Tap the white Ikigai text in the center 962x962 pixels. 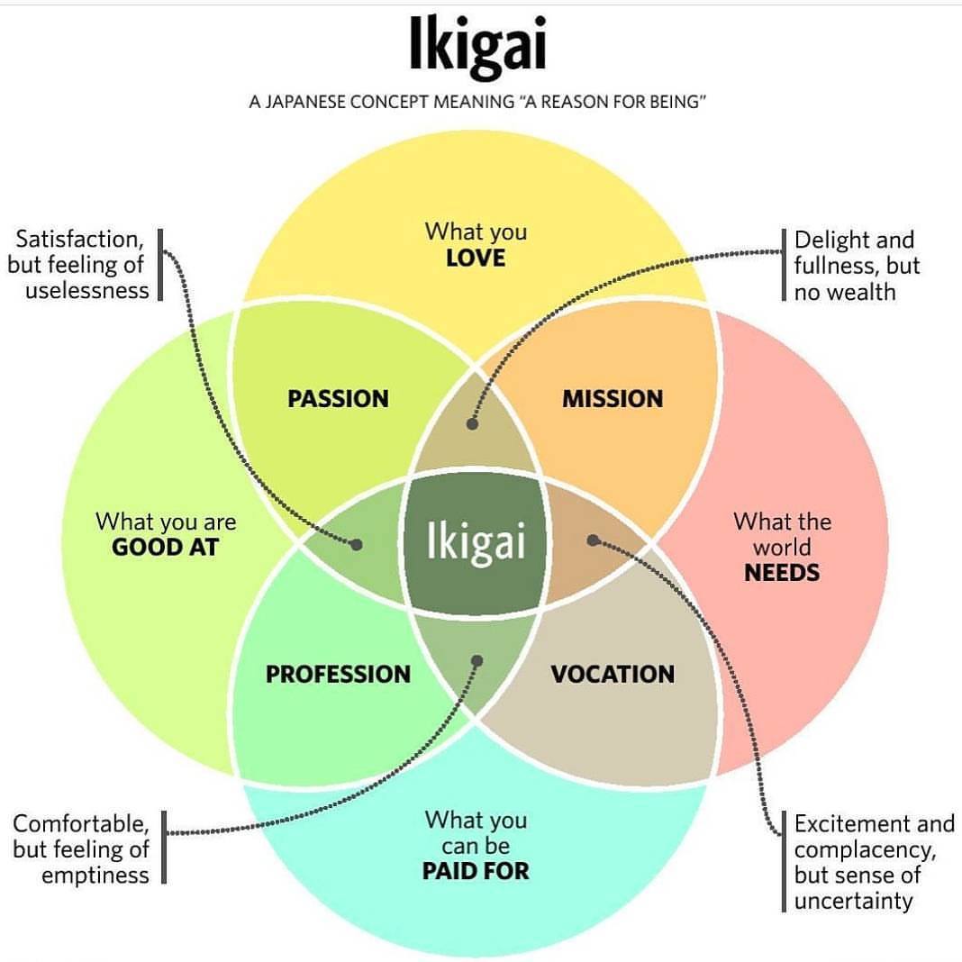(x=476, y=541)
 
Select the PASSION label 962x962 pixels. (x=338, y=399)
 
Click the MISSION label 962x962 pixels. (x=613, y=399)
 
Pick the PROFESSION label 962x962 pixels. (x=338, y=675)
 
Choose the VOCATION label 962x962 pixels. (x=613, y=675)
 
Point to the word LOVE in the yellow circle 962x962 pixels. (x=476, y=259)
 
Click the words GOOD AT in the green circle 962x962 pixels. (x=165, y=548)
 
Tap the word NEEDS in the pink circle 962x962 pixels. (x=782, y=573)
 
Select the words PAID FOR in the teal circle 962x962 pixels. (x=476, y=871)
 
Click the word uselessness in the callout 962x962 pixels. (x=87, y=290)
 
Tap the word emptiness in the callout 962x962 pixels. (x=95, y=876)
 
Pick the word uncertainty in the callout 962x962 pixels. (x=853, y=902)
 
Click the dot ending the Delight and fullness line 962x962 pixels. (x=472, y=423)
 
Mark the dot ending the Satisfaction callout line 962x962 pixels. (x=357, y=544)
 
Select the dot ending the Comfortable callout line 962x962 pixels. (x=477, y=661)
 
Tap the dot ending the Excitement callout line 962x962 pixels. (x=593, y=540)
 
